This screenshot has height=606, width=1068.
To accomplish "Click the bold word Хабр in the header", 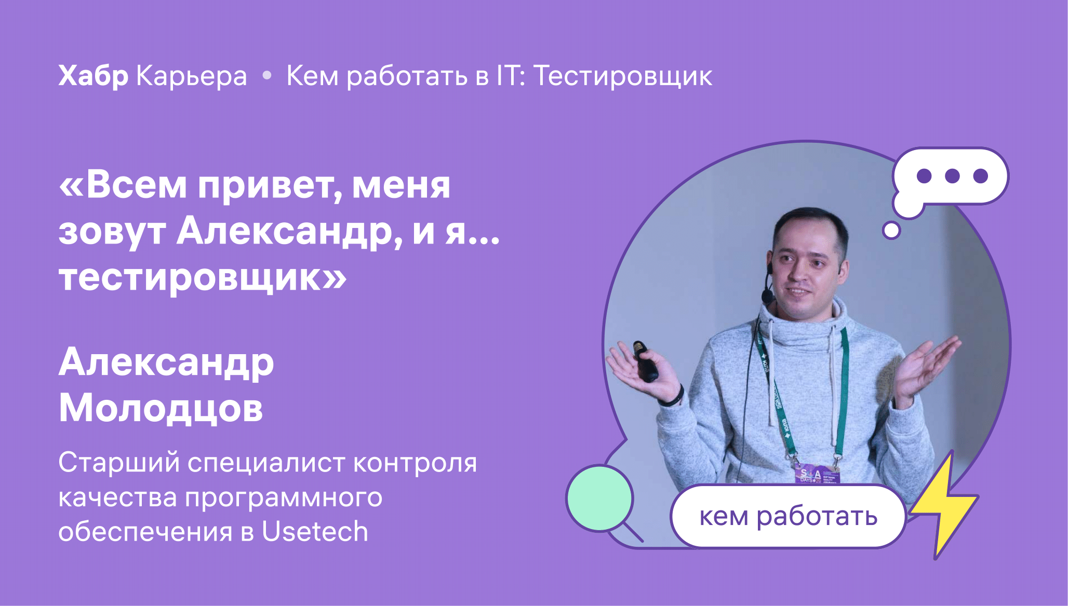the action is point(94,77).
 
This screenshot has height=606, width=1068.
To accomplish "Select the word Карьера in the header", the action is point(192,77).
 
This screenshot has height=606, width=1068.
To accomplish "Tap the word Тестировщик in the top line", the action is point(623,77).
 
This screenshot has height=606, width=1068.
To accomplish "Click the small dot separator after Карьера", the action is point(267,76).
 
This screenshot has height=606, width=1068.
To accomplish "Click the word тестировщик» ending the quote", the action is point(203,278).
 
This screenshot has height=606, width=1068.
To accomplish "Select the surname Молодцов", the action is point(161,408).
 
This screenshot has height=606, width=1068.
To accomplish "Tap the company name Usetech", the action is point(315,532).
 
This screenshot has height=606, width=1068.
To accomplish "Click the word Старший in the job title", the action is point(119,463).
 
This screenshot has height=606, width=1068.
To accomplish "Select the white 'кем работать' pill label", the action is point(788,516).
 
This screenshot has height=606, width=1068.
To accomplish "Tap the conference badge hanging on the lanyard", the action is point(815,474).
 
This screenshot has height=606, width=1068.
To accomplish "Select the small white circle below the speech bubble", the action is point(891,230).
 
